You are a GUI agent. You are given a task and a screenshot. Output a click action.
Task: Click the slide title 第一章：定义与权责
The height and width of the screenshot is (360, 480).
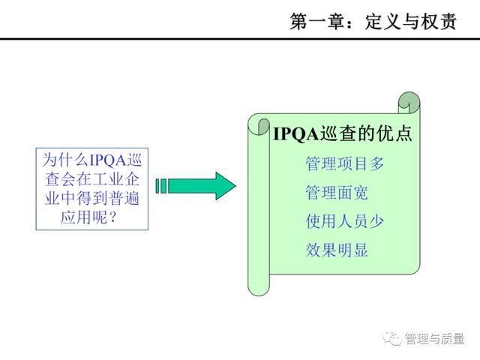pyautogui.click(x=373, y=22)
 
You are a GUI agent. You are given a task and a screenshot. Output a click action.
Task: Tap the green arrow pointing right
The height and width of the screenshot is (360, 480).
pyautogui.click(x=196, y=186)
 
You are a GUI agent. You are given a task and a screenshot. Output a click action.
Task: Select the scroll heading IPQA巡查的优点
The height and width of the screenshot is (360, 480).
pyautogui.click(x=343, y=133)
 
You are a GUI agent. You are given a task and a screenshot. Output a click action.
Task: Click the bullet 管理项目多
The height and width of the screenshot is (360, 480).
pyautogui.click(x=345, y=163)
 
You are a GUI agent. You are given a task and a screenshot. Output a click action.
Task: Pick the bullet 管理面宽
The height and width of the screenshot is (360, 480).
pyautogui.click(x=337, y=193)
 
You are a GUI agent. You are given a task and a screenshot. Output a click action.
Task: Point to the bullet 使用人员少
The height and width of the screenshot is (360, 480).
pyautogui.click(x=345, y=221)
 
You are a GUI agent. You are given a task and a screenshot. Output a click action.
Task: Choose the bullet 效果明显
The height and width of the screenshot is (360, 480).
pyautogui.click(x=337, y=250)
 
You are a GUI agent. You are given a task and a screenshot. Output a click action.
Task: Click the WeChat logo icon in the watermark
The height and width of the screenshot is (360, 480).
pyautogui.click(x=391, y=338)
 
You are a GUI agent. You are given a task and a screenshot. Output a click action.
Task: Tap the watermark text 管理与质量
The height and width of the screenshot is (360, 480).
pyautogui.click(x=435, y=339)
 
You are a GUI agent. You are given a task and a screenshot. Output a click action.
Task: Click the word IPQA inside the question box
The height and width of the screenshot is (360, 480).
pyautogui.click(x=107, y=160)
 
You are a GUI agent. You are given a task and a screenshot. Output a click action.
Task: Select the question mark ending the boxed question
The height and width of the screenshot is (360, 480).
pyautogui.click(x=112, y=217)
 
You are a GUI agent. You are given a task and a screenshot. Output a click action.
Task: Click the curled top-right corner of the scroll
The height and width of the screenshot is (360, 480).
pyautogui.click(x=409, y=103)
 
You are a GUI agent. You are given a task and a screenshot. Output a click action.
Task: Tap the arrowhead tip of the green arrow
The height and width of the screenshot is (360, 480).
pyautogui.click(x=235, y=186)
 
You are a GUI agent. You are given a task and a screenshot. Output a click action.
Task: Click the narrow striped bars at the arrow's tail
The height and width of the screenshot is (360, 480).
pyautogui.click(x=161, y=186)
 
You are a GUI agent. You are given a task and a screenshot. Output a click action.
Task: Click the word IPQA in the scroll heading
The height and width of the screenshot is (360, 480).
pyautogui.click(x=296, y=134)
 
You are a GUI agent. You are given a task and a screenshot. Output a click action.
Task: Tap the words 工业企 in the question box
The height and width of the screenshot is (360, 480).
pyautogui.click(x=116, y=179)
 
